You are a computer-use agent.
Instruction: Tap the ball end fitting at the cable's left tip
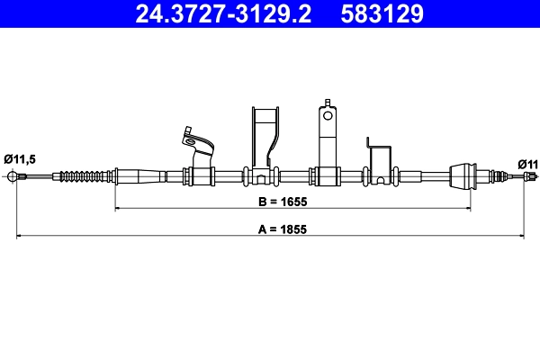point(13,175)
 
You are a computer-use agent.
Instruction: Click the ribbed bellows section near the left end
point(85,175)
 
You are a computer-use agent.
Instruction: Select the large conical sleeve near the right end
point(461,175)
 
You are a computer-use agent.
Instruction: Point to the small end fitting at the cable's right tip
point(525,177)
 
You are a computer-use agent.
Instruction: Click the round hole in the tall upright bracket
point(328,114)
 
